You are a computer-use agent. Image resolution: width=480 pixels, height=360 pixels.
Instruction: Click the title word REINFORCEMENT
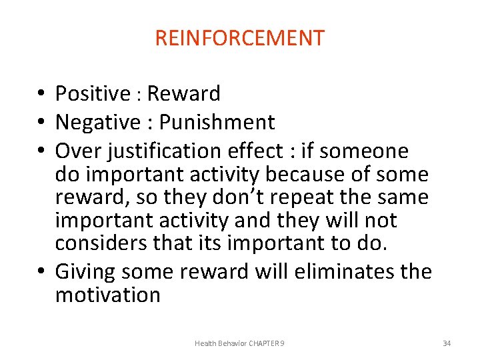[239, 38]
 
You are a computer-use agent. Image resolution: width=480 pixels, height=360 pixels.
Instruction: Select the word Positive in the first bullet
[92, 94]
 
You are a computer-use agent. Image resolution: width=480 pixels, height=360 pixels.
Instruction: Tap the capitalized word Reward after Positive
[183, 94]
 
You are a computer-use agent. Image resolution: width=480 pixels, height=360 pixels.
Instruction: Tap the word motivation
[107, 295]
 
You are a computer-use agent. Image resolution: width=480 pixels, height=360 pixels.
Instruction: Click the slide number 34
[447, 343]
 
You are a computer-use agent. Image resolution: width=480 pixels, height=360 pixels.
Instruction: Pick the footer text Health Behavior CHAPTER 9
[239, 343]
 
